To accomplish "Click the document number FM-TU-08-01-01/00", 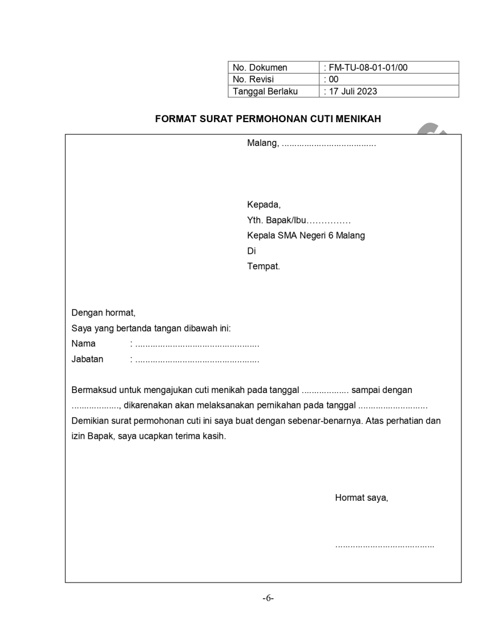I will pos(368,67).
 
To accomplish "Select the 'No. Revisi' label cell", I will pos(253,79).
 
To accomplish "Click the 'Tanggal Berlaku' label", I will pos(266,91).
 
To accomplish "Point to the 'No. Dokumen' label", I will pos(260,67).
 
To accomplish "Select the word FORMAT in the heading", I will pos(173,119).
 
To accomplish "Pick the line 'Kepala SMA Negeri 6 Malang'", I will pos(306,235).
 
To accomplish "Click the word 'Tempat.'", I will pos(263,266).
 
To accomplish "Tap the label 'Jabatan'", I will pos(87,359).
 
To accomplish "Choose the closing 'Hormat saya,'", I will pos(361,498).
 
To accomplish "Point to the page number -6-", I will pos(268,598).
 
